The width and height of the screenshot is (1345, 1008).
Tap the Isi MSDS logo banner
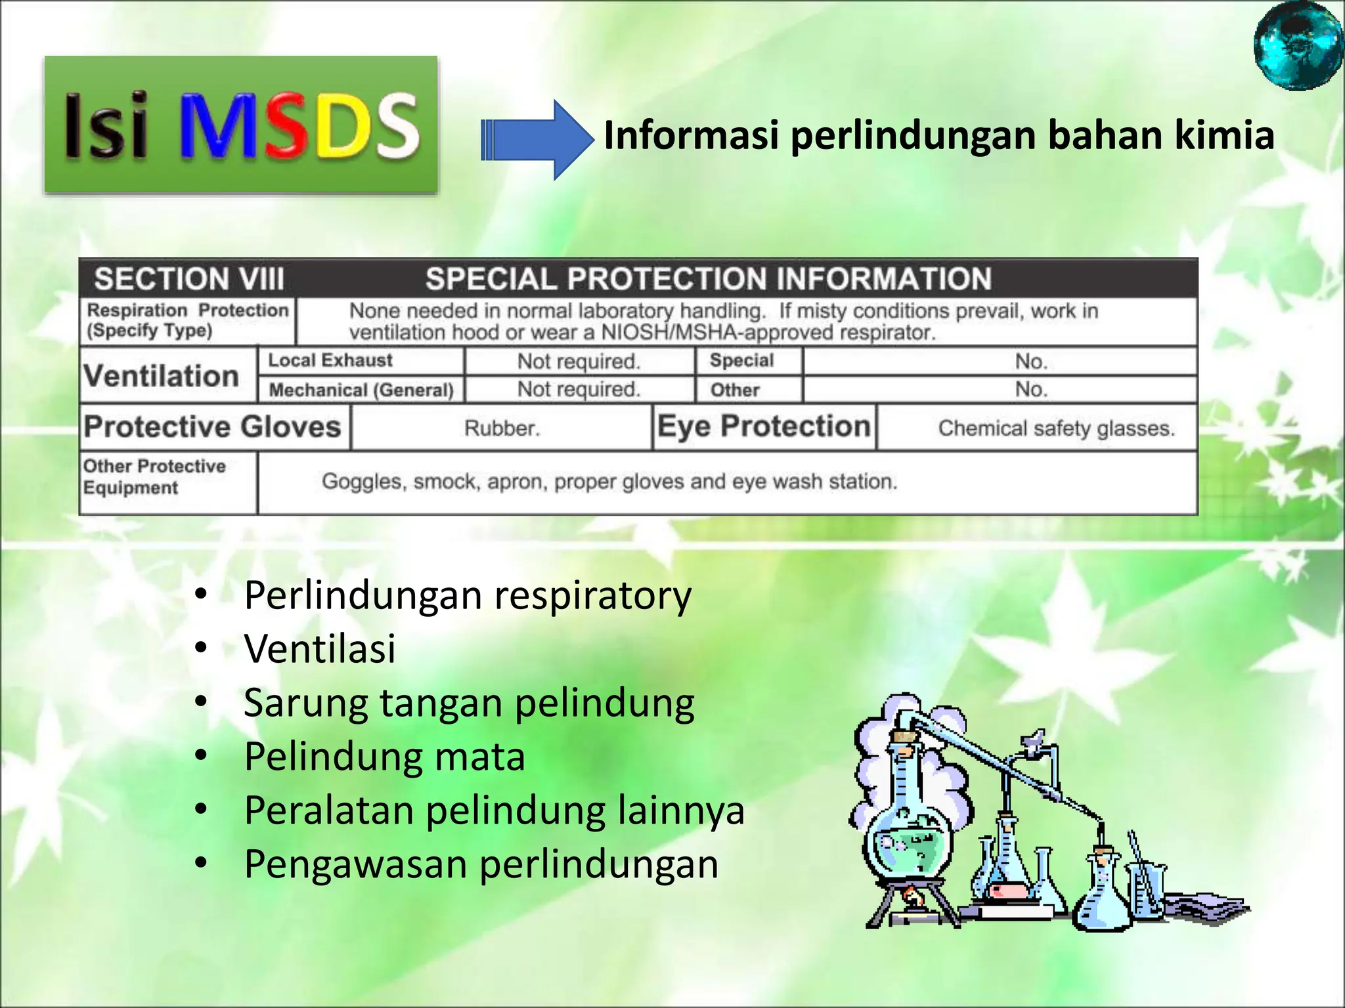point(241,125)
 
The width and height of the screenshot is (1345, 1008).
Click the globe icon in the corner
point(1298,45)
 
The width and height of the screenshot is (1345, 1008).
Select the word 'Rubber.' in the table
point(502,429)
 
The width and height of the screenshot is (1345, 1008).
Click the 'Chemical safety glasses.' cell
point(1056,429)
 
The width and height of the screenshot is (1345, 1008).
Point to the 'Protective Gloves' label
point(213,427)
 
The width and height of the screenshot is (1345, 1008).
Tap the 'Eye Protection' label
point(764,427)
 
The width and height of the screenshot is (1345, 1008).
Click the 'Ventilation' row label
point(162,376)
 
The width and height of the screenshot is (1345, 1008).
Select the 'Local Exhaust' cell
point(330,360)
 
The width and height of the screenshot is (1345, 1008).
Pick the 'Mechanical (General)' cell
point(361,390)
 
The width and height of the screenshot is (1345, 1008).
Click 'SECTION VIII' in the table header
point(189,279)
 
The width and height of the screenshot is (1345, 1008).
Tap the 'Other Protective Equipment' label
point(155,477)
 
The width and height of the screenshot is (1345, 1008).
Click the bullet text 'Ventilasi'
point(320,649)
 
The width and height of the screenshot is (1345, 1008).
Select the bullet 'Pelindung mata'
point(384,757)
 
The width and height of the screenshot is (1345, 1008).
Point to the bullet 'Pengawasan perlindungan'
point(481,864)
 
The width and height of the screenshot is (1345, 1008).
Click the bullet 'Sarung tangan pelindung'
point(469,703)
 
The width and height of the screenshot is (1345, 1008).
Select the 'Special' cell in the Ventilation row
point(741,360)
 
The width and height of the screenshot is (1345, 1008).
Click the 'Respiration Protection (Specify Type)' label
point(188,320)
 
